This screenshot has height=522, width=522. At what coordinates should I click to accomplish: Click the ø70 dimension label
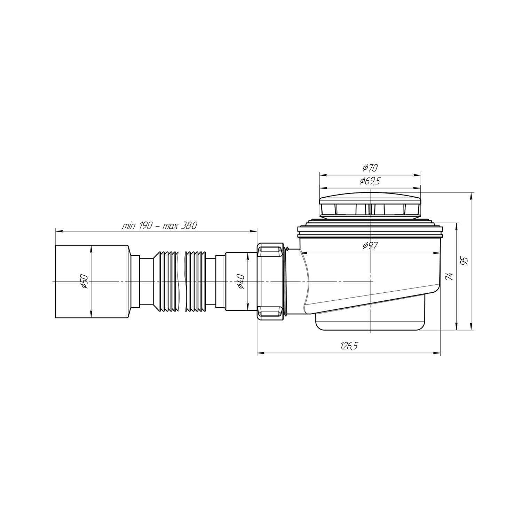pyautogui.click(x=370, y=168)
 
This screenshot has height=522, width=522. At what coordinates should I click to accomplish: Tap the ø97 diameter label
pyautogui.click(x=370, y=246)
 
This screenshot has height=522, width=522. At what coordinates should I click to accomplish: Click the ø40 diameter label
pyautogui.click(x=241, y=281)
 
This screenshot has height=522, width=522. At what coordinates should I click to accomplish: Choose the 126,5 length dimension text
pyautogui.click(x=349, y=346)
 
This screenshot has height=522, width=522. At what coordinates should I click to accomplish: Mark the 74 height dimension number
pyautogui.click(x=450, y=276)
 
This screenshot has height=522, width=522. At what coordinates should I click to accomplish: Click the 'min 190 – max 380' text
pyautogui.click(x=159, y=226)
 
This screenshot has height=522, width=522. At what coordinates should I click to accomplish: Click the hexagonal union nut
pyautogui.click(x=270, y=281)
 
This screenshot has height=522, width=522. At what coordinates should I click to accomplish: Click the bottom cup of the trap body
pyautogui.click(x=370, y=322)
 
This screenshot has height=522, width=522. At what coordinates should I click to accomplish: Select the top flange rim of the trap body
pyautogui.click(x=370, y=232)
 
